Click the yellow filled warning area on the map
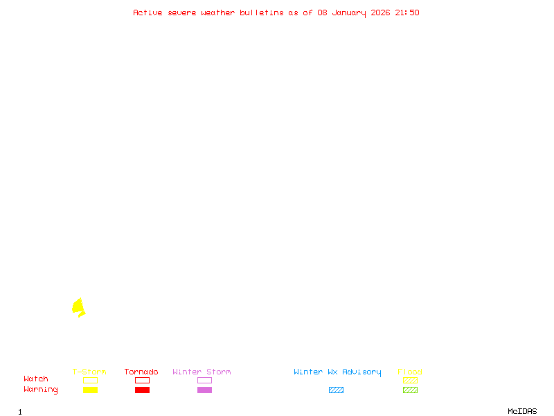tap(78, 306)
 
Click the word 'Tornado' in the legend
tap(141, 372)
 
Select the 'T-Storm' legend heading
tap(89, 372)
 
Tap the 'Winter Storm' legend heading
tap(202, 372)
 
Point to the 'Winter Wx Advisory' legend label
tap(337, 372)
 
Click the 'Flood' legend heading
tap(409, 372)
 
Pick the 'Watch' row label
tap(36, 379)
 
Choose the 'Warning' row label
tap(41, 390)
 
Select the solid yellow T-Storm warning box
tap(91, 390)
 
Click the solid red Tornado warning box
tap(143, 390)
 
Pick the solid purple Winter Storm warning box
tap(204, 390)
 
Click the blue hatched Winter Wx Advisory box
tap(336, 390)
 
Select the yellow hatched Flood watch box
tap(410, 380)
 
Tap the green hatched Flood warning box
tap(410, 390)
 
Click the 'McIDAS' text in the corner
tap(522, 411)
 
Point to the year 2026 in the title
tap(380, 12)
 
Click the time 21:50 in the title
tap(407, 12)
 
